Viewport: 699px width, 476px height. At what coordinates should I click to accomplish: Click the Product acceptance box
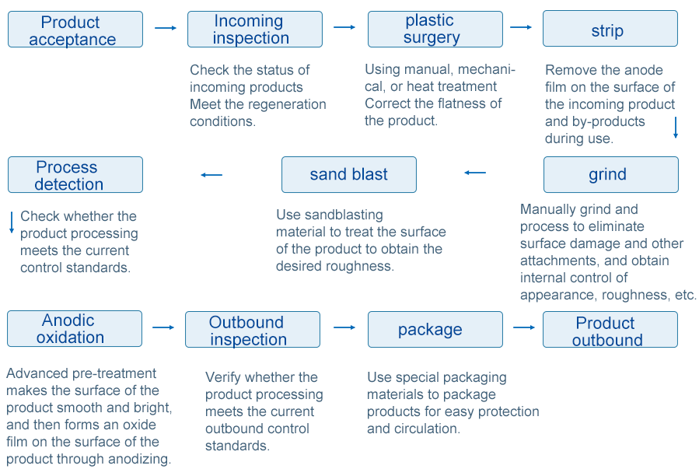tap(75, 30)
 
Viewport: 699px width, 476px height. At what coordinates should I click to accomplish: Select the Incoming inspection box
tap(255, 30)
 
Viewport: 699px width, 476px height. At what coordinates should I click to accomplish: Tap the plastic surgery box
tap(435, 30)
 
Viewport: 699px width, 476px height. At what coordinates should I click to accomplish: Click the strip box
tap(610, 29)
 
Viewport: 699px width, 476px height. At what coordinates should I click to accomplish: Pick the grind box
tap(611, 174)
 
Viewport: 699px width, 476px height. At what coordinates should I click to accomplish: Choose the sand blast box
tap(349, 174)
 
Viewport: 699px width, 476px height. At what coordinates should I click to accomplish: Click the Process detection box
tap(75, 174)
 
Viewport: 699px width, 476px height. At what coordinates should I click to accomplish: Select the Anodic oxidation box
tap(75, 329)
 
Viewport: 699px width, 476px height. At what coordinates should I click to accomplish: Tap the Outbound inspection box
tap(253, 329)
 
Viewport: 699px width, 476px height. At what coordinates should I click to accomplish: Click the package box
tap(435, 329)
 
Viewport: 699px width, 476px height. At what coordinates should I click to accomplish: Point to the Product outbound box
tap(610, 329)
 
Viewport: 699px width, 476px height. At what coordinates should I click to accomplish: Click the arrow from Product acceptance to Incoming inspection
tap(166, 28)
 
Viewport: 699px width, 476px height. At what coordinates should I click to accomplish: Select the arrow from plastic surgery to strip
tap(521, 27)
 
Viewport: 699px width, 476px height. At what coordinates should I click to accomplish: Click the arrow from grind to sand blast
tap(475, 173)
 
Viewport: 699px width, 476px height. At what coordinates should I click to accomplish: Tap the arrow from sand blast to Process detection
tap(211, 175)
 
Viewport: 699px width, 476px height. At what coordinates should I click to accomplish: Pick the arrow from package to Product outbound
tap(524, 327)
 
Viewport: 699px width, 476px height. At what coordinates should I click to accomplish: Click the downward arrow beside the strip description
tap(676, 128)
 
